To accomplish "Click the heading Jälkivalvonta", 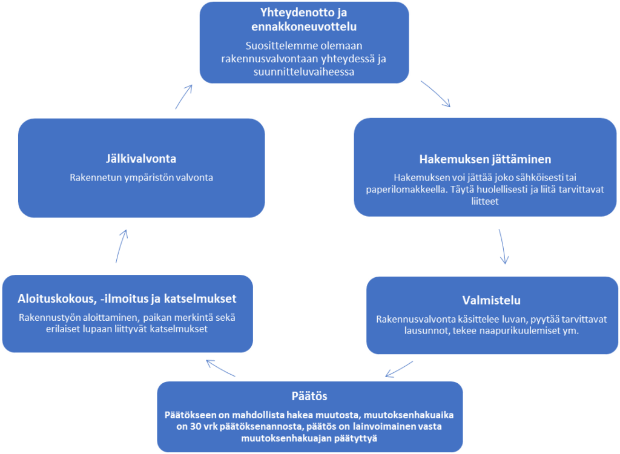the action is pos(141,159).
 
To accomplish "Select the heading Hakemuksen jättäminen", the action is pos(485,159).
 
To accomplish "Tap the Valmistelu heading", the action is pos(492,300).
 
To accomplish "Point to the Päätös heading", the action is pos(309,396).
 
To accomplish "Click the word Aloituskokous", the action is pos(55,298).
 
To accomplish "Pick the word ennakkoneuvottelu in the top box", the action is pos(304,27).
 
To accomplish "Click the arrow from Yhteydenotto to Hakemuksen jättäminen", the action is pos(435,94).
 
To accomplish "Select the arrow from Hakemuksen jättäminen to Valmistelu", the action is pos(502,246).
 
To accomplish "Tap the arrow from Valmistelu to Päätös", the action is pos(399,369).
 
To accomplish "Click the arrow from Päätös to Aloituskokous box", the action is pos(220,368).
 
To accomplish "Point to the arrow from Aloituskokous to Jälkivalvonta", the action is pos(121,246).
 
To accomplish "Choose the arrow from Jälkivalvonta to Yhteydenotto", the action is pos(184,96).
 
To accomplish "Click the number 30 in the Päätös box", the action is pos(194,427).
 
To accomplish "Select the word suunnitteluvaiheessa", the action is pos(304,72).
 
